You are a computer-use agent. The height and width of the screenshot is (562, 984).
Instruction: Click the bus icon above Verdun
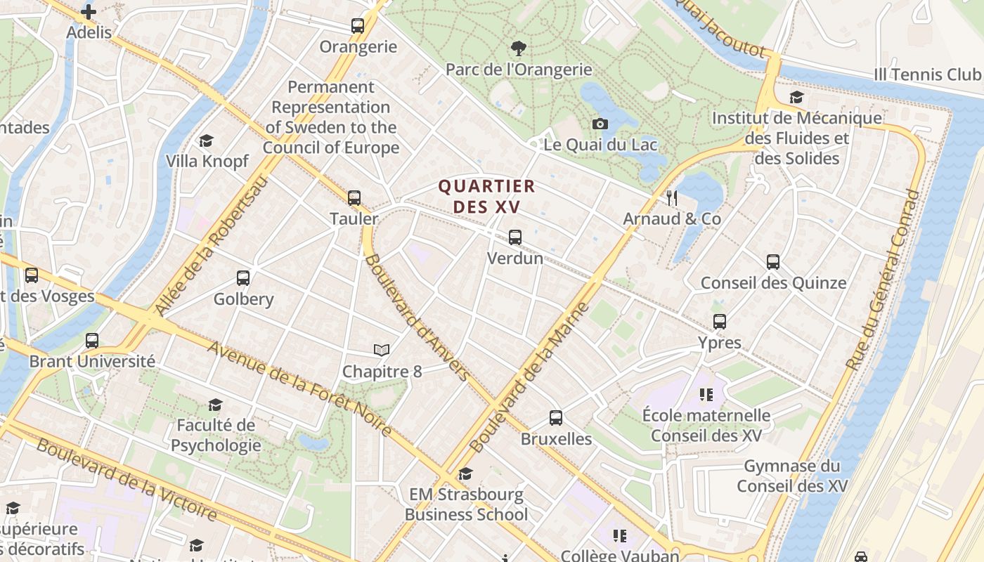(515, 237)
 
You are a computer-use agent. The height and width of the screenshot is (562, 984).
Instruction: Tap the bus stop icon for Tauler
(354, 198)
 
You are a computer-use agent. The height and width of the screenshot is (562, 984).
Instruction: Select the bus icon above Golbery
(243, 278)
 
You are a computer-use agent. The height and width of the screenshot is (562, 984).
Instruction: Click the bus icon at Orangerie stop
(358, 27)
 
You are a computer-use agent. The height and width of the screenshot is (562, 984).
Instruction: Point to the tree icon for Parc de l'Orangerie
(519, 48)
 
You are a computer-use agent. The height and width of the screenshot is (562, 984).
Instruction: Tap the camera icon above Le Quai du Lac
(600, 124)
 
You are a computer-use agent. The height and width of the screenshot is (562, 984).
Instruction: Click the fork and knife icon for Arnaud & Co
(672, 198)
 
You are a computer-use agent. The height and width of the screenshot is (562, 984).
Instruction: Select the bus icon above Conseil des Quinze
(773, 262)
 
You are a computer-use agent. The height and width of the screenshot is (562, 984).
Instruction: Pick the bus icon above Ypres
(720, 322)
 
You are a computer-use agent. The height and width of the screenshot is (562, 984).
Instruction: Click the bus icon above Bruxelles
(556, 418)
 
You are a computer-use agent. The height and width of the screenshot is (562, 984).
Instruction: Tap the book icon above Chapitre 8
(382, 350)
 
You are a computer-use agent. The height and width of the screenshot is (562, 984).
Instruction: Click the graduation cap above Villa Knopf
(207, 141)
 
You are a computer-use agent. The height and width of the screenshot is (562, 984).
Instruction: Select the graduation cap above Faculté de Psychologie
(216, 405)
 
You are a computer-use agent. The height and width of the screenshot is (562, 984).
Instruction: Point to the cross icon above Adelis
(89, 12)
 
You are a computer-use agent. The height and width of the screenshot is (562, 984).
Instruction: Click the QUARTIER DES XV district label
(486, 196)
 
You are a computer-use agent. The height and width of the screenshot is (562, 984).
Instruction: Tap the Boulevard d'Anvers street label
(416, 318)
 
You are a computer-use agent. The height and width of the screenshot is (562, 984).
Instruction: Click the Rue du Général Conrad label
(883, 280)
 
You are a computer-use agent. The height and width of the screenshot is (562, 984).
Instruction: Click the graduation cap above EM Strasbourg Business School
(465, 474)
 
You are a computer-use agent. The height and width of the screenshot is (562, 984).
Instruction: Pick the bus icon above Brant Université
(92, 341)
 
